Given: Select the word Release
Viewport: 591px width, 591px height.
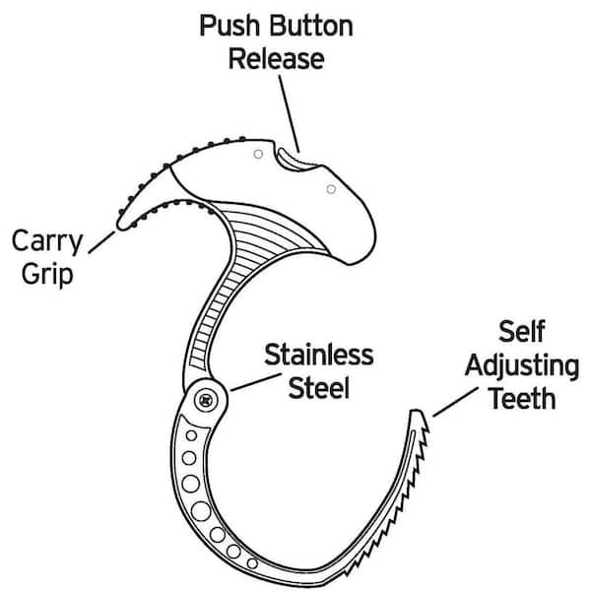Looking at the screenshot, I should coord(276,58).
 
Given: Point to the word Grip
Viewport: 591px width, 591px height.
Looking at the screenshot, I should coord(43,273).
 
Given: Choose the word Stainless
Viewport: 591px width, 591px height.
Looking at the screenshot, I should coord(318,355).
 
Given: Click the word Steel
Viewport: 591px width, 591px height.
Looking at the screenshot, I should coord(318,388).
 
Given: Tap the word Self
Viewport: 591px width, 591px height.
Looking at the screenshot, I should coord(523,332).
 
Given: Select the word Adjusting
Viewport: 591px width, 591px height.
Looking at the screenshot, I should coord(522,365).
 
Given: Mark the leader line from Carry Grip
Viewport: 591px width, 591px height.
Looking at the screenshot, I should coord(101,240).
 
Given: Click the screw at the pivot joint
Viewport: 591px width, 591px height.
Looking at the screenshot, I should coord(207,399).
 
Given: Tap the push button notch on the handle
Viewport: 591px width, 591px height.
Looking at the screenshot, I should coord(293,155).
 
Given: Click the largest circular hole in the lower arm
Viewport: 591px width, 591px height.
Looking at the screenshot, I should coord(202,511).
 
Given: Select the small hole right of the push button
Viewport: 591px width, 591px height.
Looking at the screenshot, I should coord(331,188).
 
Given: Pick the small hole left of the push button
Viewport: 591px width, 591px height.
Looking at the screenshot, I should coord(257,154).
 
